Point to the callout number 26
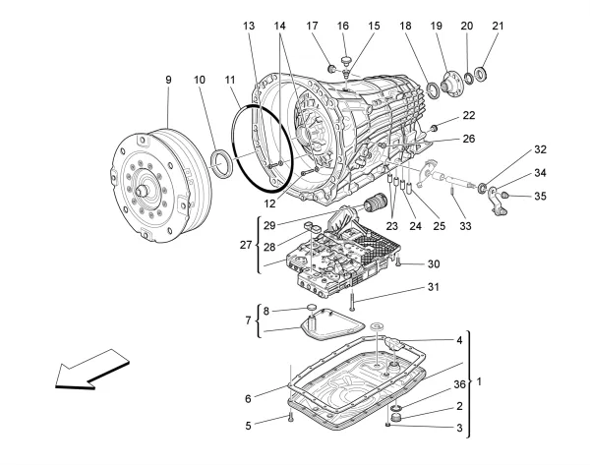coord(469,140)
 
